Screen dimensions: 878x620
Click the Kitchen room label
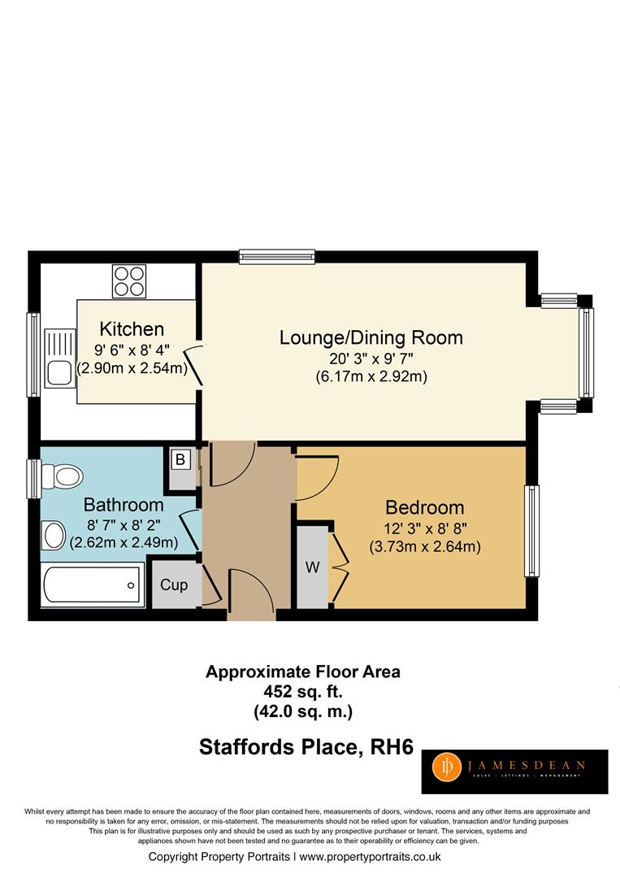132,329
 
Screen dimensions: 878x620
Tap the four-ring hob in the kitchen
130,281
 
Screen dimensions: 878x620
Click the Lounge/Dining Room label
371,337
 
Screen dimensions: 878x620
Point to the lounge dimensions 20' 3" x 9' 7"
371,358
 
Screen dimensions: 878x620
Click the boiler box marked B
181,459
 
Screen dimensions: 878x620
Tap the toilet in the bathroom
62,473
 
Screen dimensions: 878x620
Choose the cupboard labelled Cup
174,585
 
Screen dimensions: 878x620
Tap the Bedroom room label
424,507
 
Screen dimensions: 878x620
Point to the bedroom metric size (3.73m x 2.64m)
424,546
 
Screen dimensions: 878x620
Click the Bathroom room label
124,505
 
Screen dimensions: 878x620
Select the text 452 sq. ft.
302,693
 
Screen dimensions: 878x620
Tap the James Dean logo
514,771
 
